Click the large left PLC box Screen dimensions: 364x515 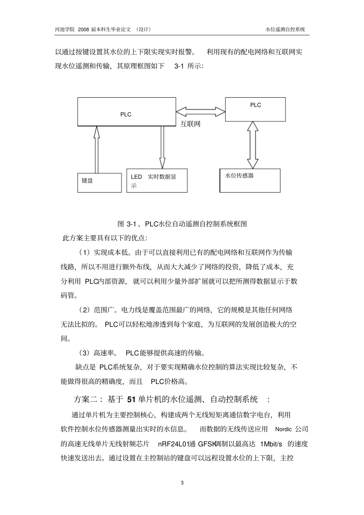pyautogui.click(x=126, y=111)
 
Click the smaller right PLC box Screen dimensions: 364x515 pyautogui.click(x=255, y=109)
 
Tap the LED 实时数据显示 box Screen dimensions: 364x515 pyautogui.click(x=157, y=180)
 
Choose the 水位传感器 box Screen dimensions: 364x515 pyautogui.click(x=250, y=180)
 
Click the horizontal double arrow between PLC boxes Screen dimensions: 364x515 pyautogui.click(x=200, y=112)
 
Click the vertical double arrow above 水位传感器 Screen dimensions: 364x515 pyautogui.click(x=253, y=145)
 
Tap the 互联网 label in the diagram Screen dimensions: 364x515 pyautogui.click(x=190, y=124)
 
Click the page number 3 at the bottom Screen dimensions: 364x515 pyautogui.click(x=182, y=483)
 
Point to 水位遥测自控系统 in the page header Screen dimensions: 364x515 pyautogui.click(x=285, y=29)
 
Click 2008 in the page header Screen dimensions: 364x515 pyautogui.click(x=84, y=29)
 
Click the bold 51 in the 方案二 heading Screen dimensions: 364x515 pyautogui.click(x=131, y=400)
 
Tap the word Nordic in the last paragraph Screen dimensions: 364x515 pyautogui.click(x=284, y=429)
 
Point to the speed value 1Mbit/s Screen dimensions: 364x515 pyautogui.click(x=271, y=444)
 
